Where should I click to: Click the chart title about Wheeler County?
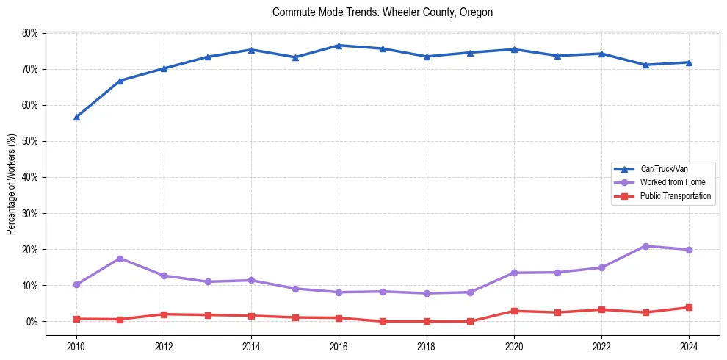[x=382, y=12]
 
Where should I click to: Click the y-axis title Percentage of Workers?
[x=11, y=184]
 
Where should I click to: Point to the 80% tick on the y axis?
[x=29, y=33]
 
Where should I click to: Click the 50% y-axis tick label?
[x=29, y=141]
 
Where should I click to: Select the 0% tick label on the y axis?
[x=32, y=322]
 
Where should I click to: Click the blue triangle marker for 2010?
[x=76, y=117]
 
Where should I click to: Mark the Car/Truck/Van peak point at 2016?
[x=339, y=46]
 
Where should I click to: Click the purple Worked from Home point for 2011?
[x=120, y=259]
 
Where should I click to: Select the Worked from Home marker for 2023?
[x=645, y=246]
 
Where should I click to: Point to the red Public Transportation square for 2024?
[x=689, y=308]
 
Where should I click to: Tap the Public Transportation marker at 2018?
[x=427, y=321]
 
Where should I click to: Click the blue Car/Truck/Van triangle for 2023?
[x=645, y=65]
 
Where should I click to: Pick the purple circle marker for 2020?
[x=514, y=273]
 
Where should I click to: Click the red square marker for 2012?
[x=164, y=314]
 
